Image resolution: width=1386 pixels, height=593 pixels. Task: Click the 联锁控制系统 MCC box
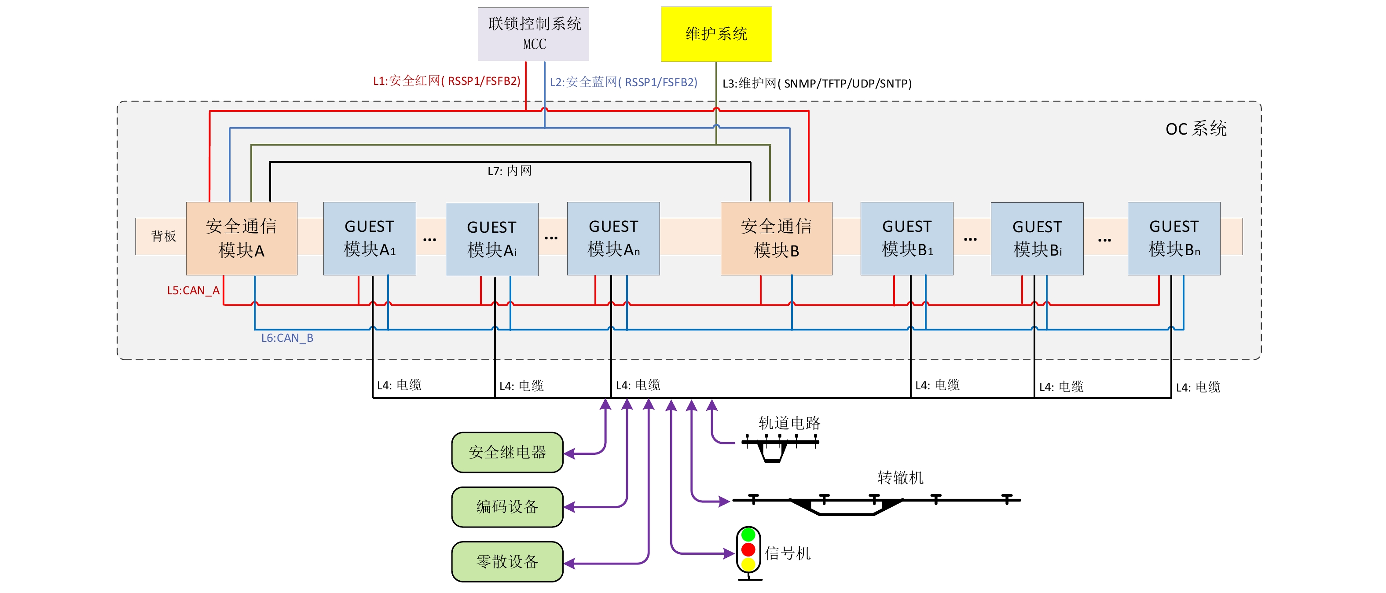pyautogui.click(x=533, y=34)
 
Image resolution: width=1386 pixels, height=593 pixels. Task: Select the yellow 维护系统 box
pyautogui.click(x=716, y=34)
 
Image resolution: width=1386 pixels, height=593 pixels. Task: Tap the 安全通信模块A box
pyautogui.click(x=242, y=238)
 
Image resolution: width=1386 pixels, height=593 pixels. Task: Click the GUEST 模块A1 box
pyautogui.click(x=370, y=238)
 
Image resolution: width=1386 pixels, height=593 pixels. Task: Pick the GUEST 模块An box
pyautogui.click(x=613, y=238)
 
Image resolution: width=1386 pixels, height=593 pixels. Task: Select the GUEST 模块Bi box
pyautogui.click(x=1037, y=238)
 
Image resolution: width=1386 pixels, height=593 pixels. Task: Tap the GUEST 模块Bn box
pyautogui.click(x=1173, y=238)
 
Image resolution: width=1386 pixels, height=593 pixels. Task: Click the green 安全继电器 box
pyautogui.click(x=507, y=453)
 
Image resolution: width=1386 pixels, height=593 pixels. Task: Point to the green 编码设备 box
pyautogui.click(x=507, y=507)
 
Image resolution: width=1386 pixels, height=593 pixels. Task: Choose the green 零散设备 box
pyautogui.click(x=507, y=562)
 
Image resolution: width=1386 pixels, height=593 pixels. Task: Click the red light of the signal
pyautogui.click(x=748, y=549)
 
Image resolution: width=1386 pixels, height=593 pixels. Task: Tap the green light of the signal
pyautogui.click(x=748, y=535)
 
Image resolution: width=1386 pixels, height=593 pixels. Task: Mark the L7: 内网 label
pyautogui.click(x=510, y=171)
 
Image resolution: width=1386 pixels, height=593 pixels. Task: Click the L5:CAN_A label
pyautogui.click(x=193, y=291)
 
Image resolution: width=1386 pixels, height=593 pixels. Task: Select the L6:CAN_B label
pyautogui.click(x=287, y=338)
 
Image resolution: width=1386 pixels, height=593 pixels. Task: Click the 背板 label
pyautogui.click(x=164, y=236)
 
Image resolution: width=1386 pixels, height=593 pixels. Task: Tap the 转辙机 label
pyautogui.click(x=900, y=477)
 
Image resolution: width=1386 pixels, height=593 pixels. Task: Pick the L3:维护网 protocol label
pyautogui.click(x=817, y=84)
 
